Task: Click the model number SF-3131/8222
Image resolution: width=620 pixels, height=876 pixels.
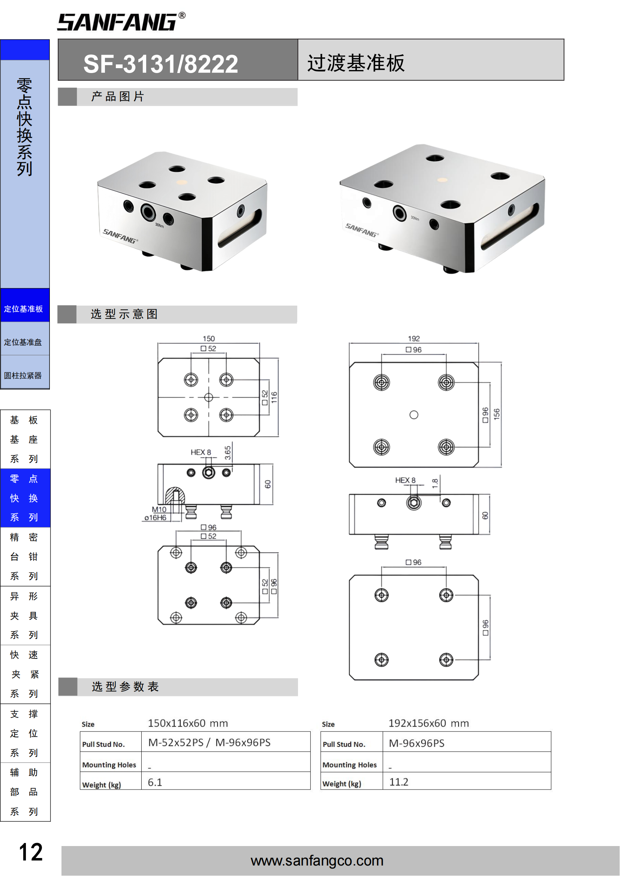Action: (161, 64)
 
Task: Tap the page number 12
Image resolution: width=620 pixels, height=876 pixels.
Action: (30, 852)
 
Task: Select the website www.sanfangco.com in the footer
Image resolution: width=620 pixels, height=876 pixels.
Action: (317, 861)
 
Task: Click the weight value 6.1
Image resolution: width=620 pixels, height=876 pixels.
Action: (155, 782)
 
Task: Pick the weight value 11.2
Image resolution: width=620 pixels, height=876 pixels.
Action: (398, 782)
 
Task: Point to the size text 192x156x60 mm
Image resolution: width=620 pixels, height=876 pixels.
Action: (429, 724)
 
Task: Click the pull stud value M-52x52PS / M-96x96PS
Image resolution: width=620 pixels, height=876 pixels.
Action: (209, 742)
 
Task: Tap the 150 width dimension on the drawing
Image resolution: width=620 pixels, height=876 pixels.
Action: (209, 339)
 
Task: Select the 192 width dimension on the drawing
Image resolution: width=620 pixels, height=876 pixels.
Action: (414, 339)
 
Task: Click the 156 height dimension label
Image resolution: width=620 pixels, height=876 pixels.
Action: (497, 414)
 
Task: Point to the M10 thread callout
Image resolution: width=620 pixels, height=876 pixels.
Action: (159, 509)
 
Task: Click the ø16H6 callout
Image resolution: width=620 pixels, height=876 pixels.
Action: (156, 518)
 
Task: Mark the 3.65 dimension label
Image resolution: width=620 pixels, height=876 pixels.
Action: (228, 453)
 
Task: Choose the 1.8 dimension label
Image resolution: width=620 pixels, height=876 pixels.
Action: (435, 484)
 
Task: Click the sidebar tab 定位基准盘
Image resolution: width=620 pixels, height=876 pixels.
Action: (23, 342)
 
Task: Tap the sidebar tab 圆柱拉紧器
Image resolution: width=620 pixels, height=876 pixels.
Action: (23, 375)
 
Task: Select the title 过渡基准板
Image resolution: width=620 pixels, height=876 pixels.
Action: (356, 63)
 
